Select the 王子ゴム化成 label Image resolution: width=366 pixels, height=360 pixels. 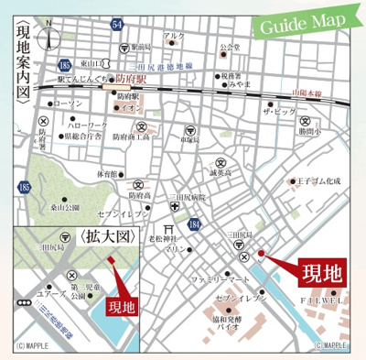[318, 181]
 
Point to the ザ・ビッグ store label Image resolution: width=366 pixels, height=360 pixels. [278, 110]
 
